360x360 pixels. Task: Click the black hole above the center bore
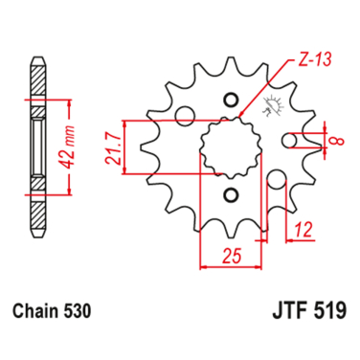pos(230,100)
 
